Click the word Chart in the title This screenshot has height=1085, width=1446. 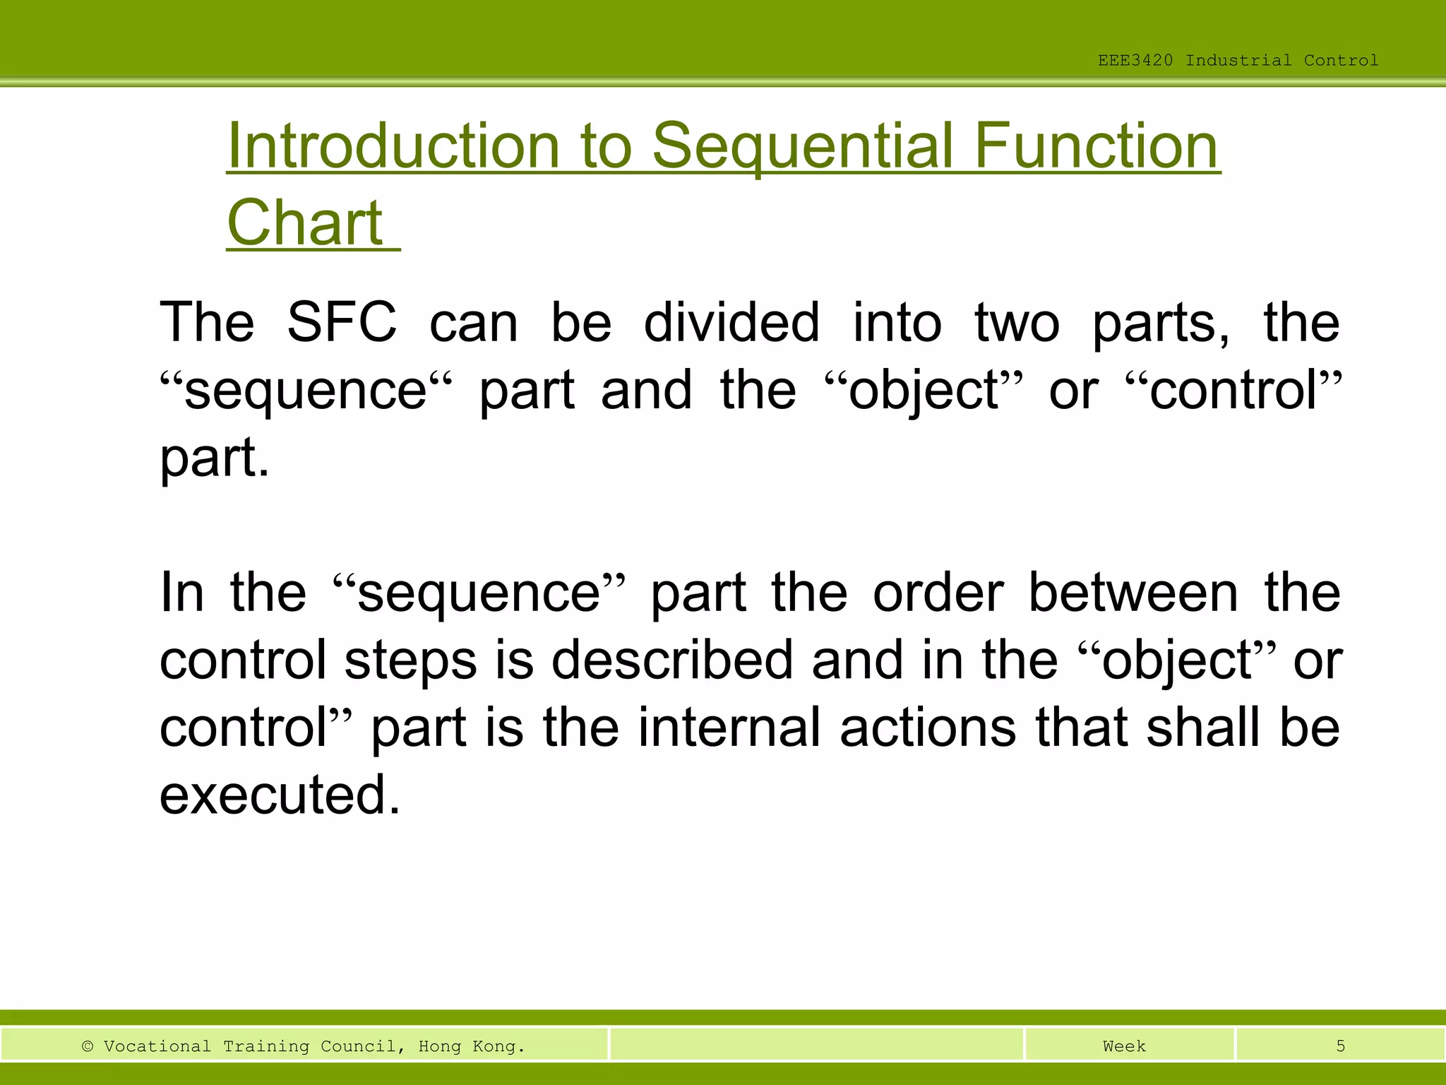click(x=305, y=223)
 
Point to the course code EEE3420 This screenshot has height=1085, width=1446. click(x=1135, y=61)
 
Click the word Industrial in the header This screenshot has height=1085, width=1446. click(x=1238, y=61)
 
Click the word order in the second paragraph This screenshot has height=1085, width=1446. click(x=938, y=593)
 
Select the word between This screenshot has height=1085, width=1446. click(x=1133, y=593)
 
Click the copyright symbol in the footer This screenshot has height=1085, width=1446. click(x=88, y=1046)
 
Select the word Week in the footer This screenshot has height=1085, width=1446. click(x=1124, y=1046)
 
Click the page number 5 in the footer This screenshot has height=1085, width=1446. click(x=1340, y=1046)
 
